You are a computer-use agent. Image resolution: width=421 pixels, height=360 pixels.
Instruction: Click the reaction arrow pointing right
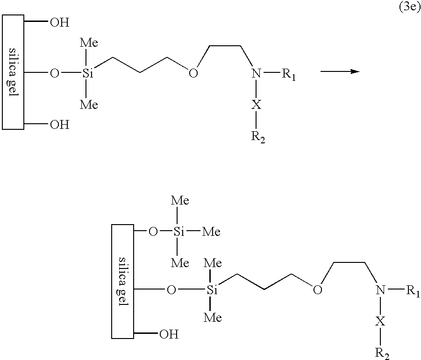coord(340,71)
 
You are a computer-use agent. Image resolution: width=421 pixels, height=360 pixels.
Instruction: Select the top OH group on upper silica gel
coord(60,22)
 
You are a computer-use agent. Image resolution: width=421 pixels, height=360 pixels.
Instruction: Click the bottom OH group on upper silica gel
coord(60,125)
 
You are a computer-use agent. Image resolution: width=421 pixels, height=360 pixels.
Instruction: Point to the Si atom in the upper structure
coord(88,73)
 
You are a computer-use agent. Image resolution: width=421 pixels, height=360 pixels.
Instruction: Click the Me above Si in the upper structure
coord(89,42)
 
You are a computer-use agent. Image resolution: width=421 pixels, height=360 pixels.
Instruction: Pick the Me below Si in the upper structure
coord(89,104)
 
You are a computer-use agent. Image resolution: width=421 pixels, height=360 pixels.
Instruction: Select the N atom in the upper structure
coord(256,73)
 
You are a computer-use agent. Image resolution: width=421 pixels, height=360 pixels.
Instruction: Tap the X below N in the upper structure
coord(256,104)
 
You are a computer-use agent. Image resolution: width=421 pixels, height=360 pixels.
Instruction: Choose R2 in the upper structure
coord(258,137)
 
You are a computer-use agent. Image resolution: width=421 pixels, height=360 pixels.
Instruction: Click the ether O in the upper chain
coord(193,73)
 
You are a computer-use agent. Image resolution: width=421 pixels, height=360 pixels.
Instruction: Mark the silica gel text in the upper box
coord(13,72)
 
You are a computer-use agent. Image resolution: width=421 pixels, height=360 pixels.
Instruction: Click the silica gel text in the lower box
coord(123,282)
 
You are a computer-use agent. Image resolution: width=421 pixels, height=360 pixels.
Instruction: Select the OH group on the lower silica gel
coord(169,334)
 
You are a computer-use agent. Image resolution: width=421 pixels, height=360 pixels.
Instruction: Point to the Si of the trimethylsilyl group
coord(179,232)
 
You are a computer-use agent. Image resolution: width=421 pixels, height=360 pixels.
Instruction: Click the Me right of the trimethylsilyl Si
coord(211,232)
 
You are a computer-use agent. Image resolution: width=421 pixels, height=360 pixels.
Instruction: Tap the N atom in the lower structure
coord(380,290)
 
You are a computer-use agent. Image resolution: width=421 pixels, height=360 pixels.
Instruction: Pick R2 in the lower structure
coord(382,353)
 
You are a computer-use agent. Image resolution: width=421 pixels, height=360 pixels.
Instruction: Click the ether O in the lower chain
coord(317,290)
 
